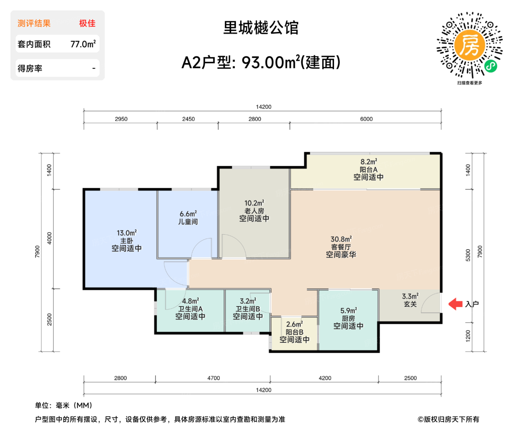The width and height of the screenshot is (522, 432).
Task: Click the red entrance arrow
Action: (455, 304)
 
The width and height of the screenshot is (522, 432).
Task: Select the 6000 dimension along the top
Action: (366, 119)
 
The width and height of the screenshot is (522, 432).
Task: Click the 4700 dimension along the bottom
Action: (214, 378)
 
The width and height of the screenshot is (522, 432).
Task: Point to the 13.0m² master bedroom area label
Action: (126, 233)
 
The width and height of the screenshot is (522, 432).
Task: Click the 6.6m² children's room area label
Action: (188, 214)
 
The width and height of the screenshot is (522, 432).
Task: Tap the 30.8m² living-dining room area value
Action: (341, 239)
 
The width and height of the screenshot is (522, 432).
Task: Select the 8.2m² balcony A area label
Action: (368, 162)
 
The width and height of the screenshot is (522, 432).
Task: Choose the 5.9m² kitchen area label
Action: (348, 311)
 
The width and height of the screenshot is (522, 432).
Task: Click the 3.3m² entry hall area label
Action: (410, 296)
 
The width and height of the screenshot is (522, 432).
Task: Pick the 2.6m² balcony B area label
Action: (294, 324)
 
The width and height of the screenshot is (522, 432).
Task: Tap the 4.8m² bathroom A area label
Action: (190, 301)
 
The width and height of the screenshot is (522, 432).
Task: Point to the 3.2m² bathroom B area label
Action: (248, 301)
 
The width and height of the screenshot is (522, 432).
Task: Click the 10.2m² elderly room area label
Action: (254, 203)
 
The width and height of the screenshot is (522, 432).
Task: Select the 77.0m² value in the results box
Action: (83, 44)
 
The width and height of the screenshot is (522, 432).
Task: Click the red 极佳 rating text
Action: (87, 23)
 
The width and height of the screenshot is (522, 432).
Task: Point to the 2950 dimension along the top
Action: (121, 119)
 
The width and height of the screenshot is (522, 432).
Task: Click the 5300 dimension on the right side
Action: (468, 255)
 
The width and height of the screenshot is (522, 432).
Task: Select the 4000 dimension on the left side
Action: (49, 238)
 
